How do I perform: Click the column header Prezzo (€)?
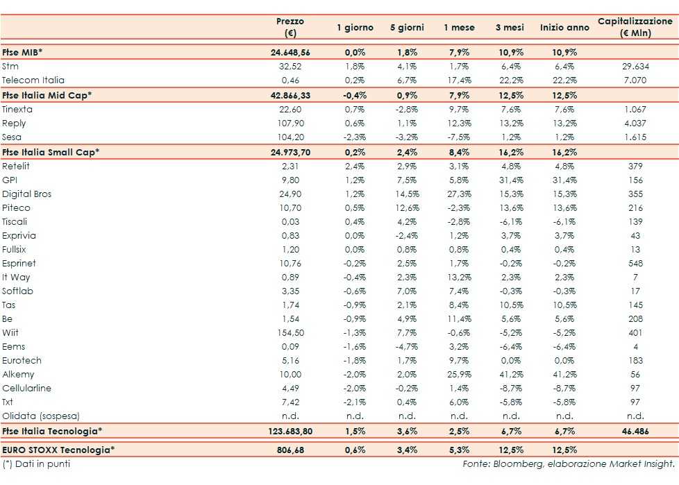click(x=290, y=28)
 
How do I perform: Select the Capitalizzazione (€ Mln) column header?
click(x=635, y=28)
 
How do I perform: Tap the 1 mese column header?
click(x=460, y=28)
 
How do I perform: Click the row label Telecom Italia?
click(x=33, y=80)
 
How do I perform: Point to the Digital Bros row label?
click(x=27, y=194)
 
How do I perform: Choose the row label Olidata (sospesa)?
click(x=41, y=416)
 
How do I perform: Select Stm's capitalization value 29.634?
click(x=635, y=67)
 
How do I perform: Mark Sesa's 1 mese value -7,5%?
click(x=460, y=137)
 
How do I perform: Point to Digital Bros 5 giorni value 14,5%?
click(x=407, y=194)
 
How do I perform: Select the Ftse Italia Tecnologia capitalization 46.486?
click(x=635, y=432)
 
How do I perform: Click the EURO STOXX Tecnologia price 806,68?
click(x=292, y=450)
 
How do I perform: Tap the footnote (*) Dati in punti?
click(x=36, y=463)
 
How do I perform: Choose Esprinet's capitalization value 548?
click(x=635, y=264)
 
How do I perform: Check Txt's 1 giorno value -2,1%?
click(x=355, y=402)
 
